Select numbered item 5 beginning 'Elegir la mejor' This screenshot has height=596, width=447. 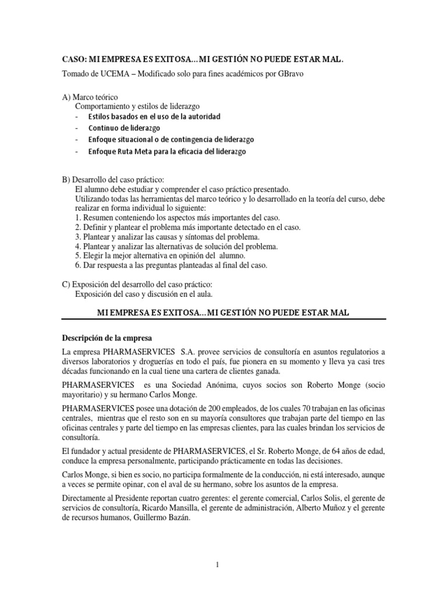tap(160, 256)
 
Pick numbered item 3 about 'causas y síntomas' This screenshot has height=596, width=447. tap(167, 236)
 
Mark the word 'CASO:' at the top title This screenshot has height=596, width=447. tap(73, 59)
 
